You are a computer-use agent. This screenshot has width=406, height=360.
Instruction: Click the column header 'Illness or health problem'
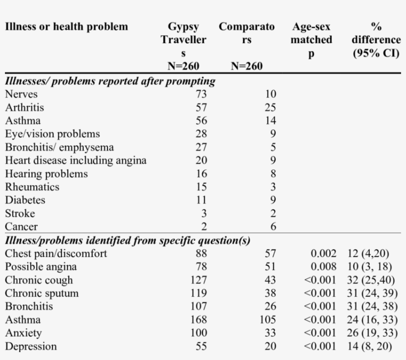coord(66,27)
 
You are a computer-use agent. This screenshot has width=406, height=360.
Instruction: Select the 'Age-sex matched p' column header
coord(311,40)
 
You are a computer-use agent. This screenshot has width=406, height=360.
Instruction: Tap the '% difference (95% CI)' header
coord(376,40)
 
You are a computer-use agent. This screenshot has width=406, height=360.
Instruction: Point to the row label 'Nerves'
coord(21,94)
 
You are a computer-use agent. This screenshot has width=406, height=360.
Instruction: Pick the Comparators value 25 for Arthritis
coord(270,107)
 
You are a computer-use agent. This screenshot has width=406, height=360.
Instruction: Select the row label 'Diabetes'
coord(25,200)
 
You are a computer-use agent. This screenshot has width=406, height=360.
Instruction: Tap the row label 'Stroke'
coord(20,213)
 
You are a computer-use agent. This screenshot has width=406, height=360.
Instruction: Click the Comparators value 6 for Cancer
coord(273,227)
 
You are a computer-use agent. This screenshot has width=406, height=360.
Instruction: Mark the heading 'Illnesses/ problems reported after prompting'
coord(110,81)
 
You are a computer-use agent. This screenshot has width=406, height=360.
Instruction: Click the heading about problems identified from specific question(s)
coord(127,241)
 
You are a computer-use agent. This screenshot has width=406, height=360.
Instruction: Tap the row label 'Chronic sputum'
coord(42,293)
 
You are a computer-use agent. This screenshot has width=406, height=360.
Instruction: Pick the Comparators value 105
coord(267,320)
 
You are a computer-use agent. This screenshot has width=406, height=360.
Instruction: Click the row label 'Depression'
coord(31,346)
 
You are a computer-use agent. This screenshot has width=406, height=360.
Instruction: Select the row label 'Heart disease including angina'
coord(75,160)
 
